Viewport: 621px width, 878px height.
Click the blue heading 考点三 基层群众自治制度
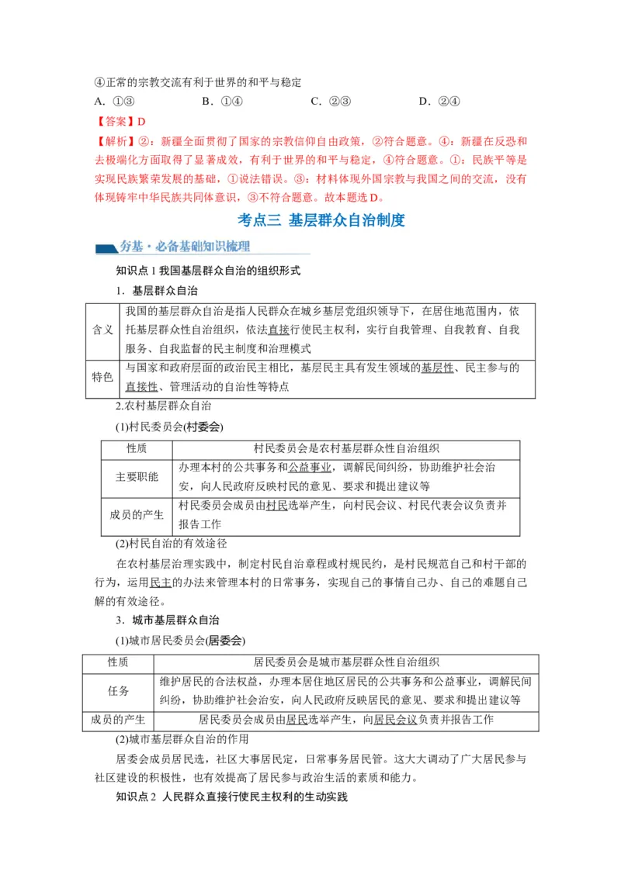(321, 219)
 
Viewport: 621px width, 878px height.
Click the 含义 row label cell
(102, 330)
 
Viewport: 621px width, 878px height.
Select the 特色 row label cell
(102, 378)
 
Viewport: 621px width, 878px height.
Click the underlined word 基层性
(437, 368)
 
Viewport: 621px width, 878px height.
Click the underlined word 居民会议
(395, 720)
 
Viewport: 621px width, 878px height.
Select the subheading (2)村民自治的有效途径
(171, 543)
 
